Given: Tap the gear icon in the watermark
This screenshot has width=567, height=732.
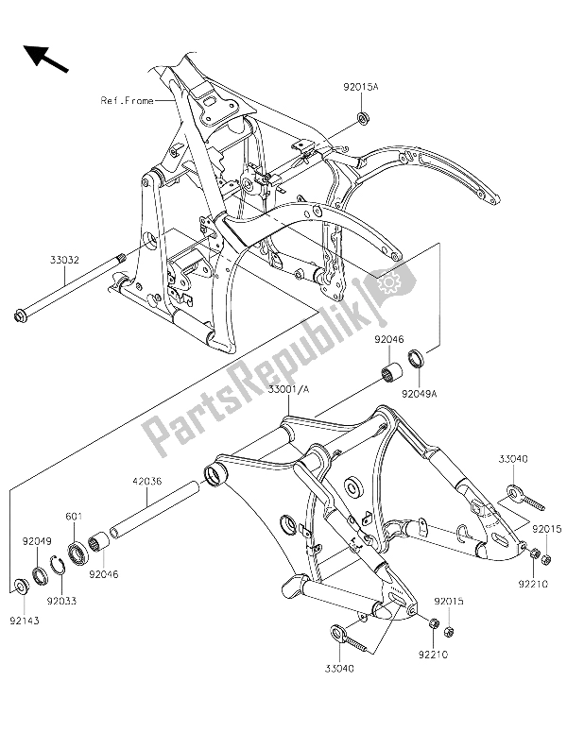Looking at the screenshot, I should pos(387,281).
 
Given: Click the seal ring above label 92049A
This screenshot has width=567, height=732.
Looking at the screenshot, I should pos(415,359).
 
